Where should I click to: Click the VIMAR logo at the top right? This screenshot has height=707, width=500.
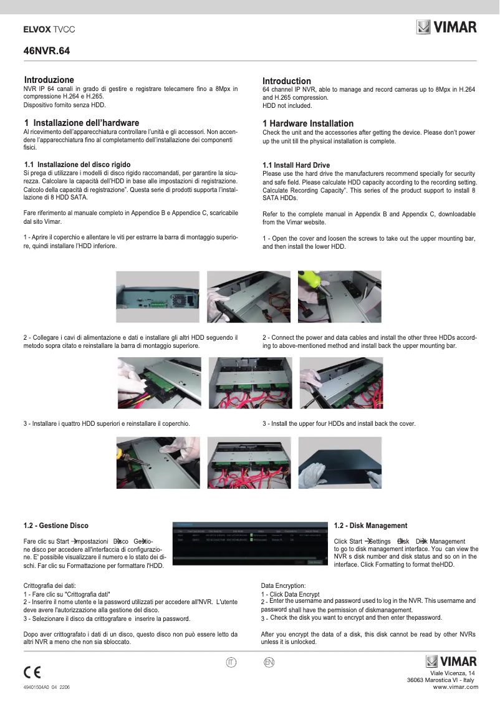coord(446,27)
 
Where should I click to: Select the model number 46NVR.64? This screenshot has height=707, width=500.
coord(46,52)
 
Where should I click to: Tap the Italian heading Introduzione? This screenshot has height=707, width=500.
coord(49,80)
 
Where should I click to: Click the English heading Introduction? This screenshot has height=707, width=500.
coord(286,81)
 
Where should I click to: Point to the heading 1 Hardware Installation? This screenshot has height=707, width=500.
coord(307,123)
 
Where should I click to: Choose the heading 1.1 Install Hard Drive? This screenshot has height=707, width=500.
coord(296,165)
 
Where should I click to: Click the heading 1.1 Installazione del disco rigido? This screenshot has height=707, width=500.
coord(77,165)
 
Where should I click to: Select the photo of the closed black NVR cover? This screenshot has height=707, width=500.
coord(340,462)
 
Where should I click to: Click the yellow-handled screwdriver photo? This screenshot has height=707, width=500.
coord(159,462)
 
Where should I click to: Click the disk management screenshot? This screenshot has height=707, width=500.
coord(249,542)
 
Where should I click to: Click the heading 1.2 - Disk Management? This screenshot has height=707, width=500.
coord(370,526)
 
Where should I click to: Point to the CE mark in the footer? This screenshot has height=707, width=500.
coord(32,672)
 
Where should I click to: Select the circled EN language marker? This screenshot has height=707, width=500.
coord(269,661)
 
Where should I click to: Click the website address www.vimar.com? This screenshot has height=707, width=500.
coord(455,687)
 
